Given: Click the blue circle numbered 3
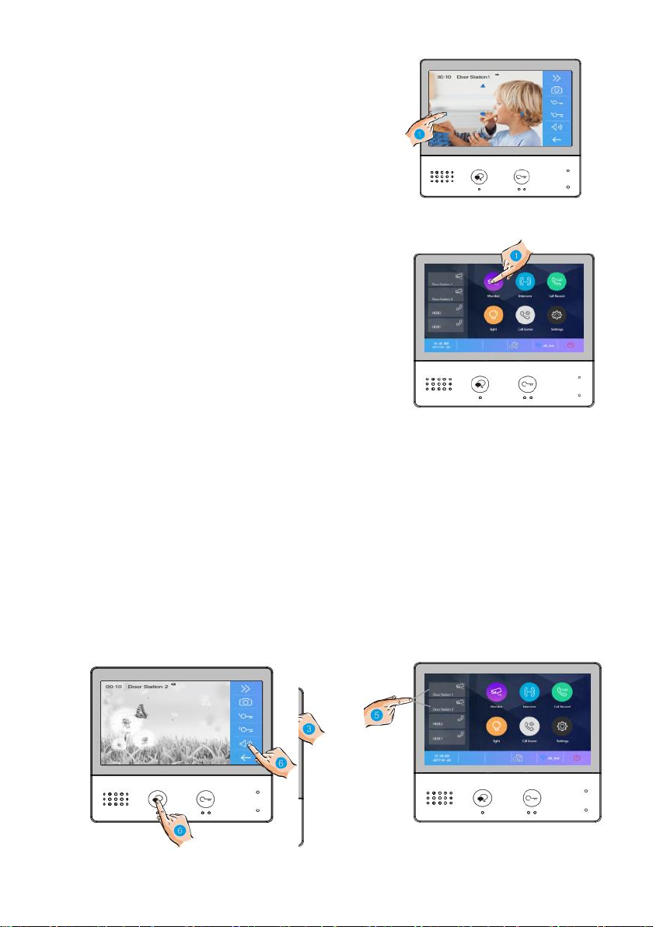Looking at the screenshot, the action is pos(309,728).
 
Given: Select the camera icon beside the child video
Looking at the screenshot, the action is pos(557,90).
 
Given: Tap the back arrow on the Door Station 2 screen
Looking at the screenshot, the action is pos(246,757).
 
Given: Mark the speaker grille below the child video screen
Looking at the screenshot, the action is pos(441,177).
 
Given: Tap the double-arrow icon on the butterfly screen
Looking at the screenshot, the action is pos(246,688).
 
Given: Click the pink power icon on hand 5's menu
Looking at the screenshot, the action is pos(577,758).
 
